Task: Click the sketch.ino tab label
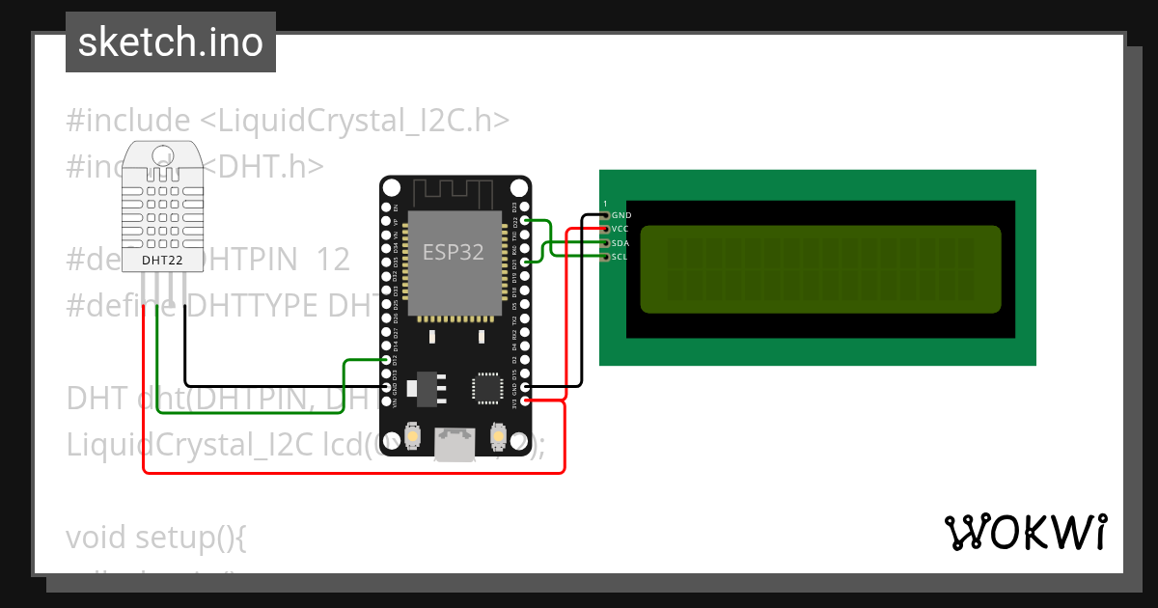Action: click(171, 42)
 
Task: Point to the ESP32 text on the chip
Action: click(454, 251)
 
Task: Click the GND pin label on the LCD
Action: click(621, 215)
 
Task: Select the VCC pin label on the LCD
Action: click(620, 229)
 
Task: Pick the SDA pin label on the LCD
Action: click(620, 243)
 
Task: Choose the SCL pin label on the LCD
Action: click(620, 257)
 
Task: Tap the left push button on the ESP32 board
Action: click(412, 436)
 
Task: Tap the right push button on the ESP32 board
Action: click(498, 436)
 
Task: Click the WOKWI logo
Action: click(1025, 532)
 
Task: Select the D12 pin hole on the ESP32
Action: click(387, 359)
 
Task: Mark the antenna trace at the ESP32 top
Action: click(455, 191)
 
